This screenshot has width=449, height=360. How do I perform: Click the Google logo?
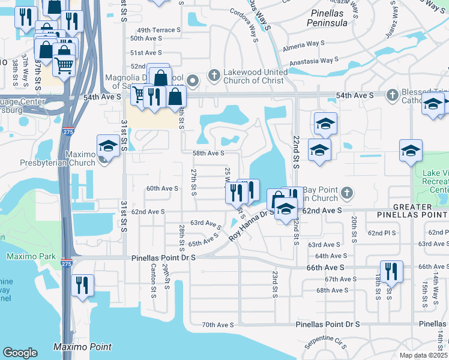(x=20, y=353)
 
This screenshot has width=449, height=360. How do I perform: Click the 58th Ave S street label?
(x=208, y=154)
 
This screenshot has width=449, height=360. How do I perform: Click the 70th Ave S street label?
(x=217, y=325)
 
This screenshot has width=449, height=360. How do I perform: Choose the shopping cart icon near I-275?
(x=64, y=64)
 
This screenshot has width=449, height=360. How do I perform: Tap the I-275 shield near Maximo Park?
(x=66, y=263)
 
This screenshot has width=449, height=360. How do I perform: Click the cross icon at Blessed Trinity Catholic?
(x=392, y=95)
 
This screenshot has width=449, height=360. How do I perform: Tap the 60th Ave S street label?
(x=162, y=188)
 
